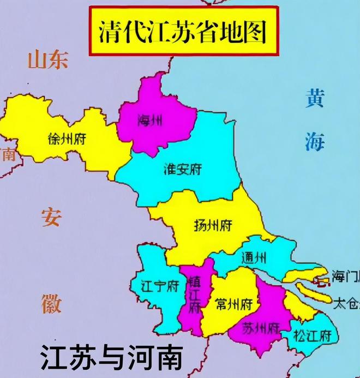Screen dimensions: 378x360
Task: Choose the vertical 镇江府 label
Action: click(194, 294)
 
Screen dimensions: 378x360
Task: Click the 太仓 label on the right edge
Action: click(346, 302)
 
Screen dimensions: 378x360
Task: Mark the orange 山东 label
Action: click(49, 59)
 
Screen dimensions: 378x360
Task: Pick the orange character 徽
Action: click(51, 302)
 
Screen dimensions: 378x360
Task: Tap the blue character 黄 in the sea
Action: click(315, 100)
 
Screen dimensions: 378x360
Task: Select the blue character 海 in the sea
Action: click(315, 141)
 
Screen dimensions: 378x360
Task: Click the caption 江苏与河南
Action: click(110, 358)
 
